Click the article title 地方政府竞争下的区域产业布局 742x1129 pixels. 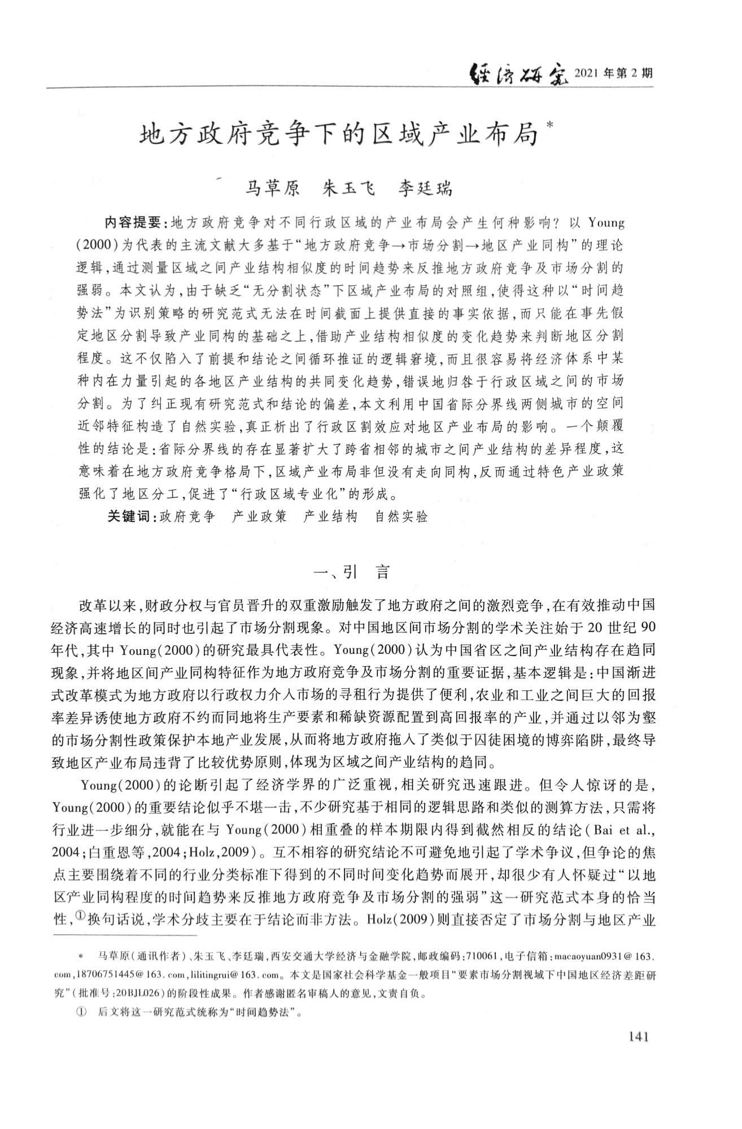pyautogui.click(x=339, y=136)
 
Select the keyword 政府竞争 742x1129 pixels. pyautogui.click(x=187, y=517)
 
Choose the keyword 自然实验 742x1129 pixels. pyautogui.click(x=401, y=517)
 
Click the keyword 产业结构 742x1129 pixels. pyautogui.click(x=330, y=517)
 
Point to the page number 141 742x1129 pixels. pyautogui.click(x=638, y=1036)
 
